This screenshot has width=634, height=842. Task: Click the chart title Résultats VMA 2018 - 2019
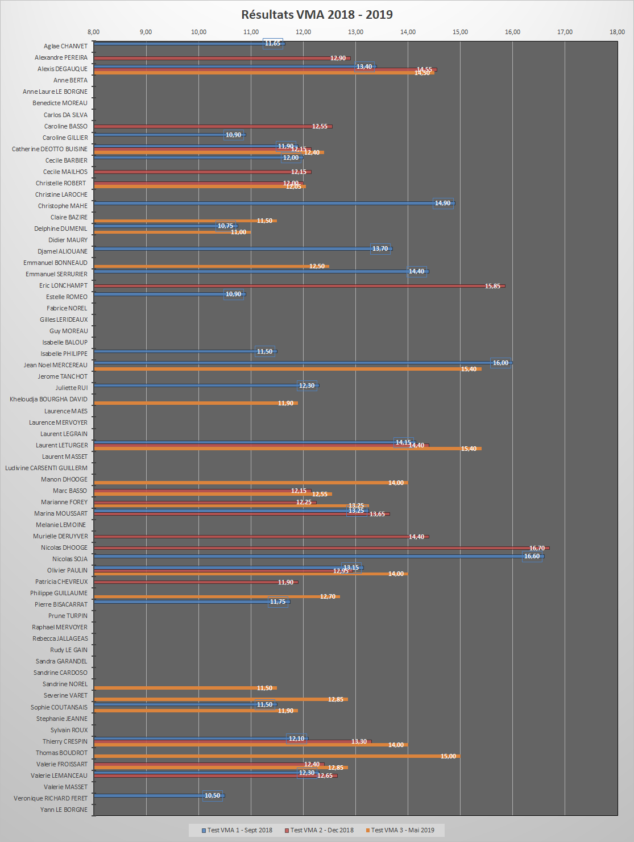[317, 15]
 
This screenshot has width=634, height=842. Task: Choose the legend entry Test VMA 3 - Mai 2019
[402, 830]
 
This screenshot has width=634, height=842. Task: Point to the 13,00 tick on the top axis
[355, 32]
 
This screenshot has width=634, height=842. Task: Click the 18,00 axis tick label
[617, 32]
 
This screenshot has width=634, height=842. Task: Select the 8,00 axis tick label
[94, 32]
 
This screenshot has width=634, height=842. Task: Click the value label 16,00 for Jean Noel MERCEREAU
[500, 363]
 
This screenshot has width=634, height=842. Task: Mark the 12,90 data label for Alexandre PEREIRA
[338, 58]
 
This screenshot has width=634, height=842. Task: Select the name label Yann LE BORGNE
[64, 810]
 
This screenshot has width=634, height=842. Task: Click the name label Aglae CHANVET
[65, 46]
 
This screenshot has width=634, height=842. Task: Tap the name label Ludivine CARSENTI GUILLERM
[46, 468]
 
